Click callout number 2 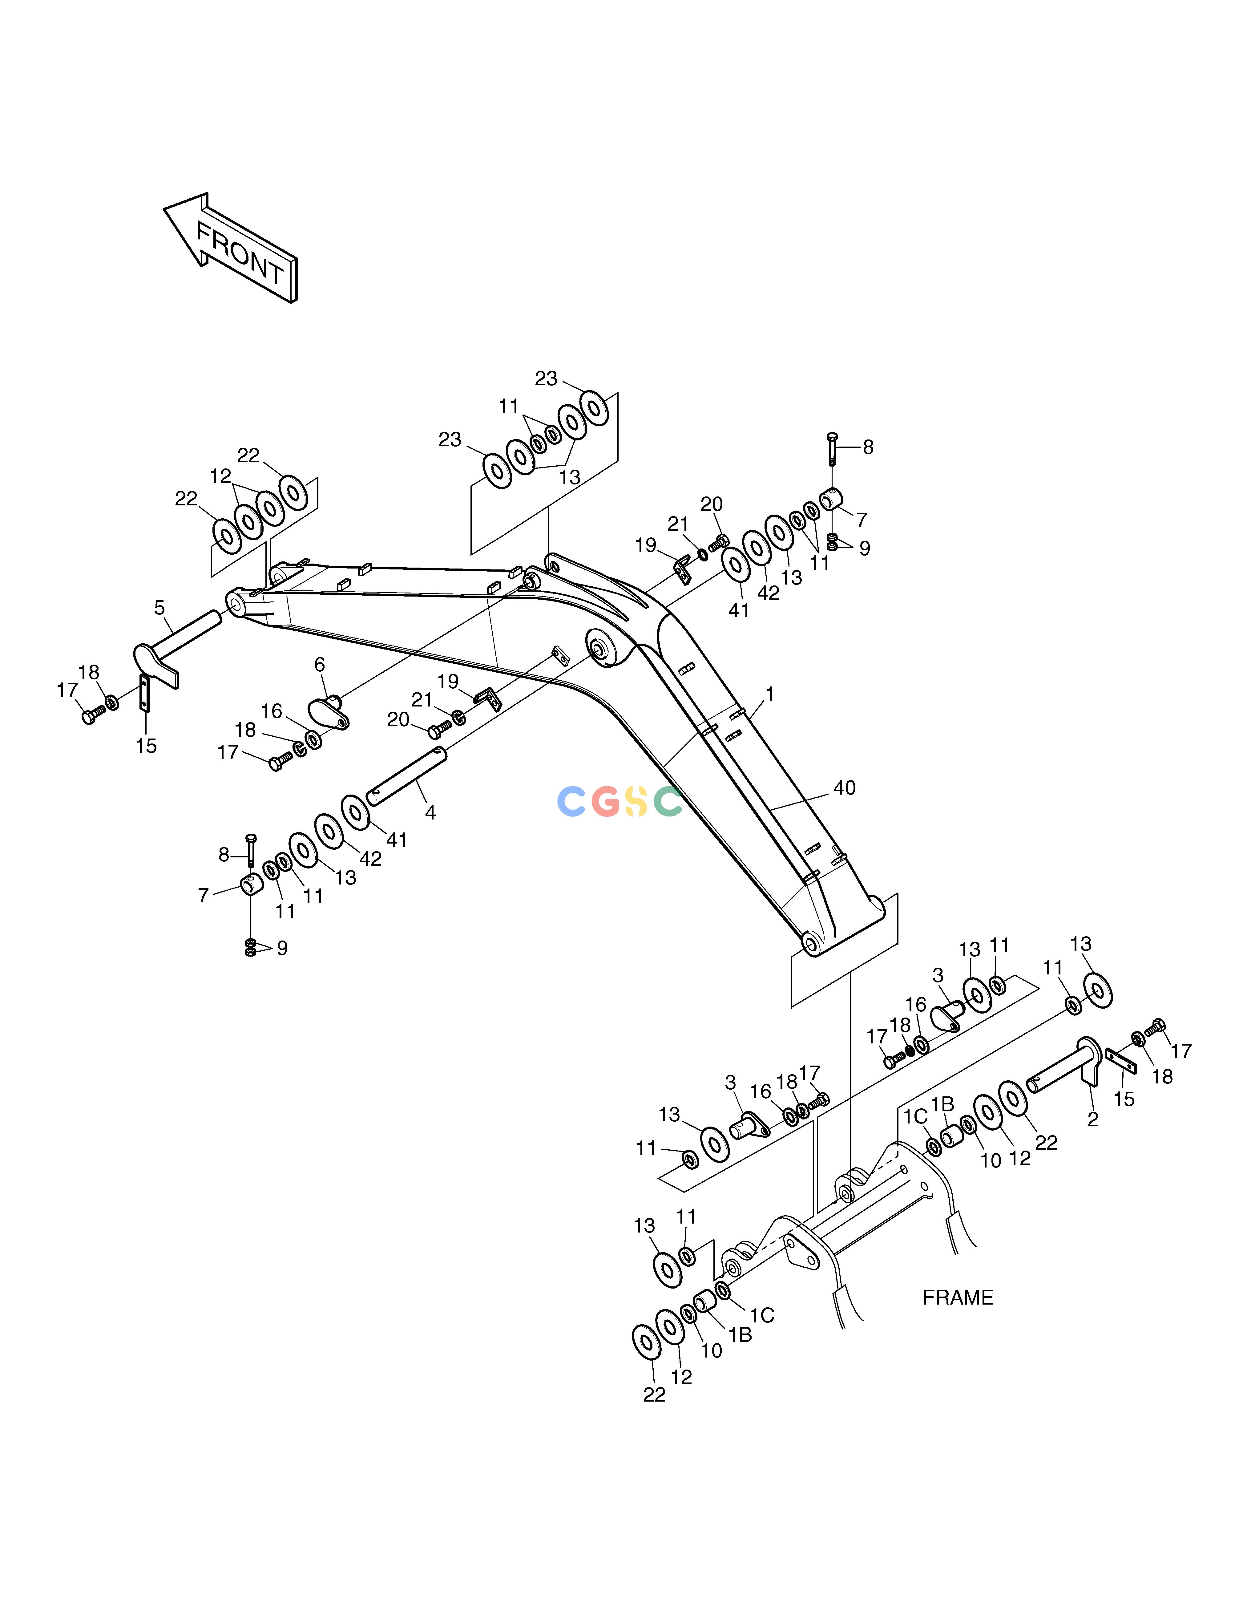1093,1119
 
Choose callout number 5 159,608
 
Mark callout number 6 319,664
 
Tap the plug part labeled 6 329,712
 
